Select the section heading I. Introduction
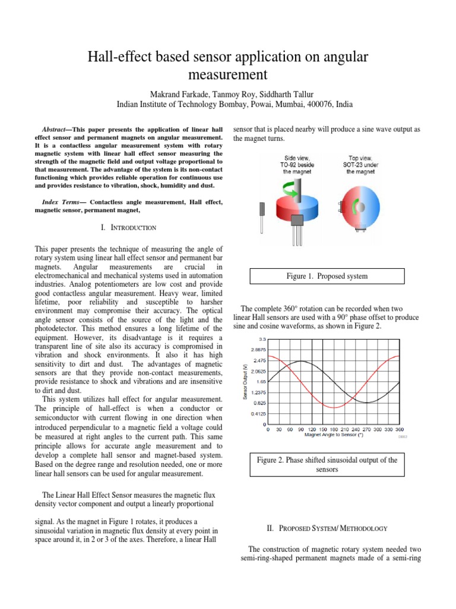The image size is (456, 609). pyautogui.click(x=129, y=228)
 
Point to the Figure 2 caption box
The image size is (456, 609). pyautogui.click(x=327, y=464)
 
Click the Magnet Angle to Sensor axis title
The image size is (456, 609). pyautogui.click(x=334, y=435)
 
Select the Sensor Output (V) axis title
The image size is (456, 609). pyautogui.click(x=246, y=381)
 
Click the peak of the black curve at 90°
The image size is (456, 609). pyautogui.click(x=300, y=361)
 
